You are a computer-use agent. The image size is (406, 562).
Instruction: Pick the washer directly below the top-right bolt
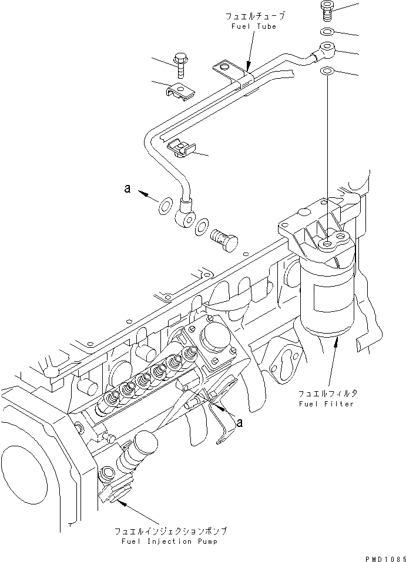[327, 32]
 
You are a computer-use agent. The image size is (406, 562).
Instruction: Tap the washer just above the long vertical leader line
[327, 72]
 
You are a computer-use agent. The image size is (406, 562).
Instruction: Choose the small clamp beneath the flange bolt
[180, 91]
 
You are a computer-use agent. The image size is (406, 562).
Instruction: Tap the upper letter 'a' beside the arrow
[126, 189]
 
